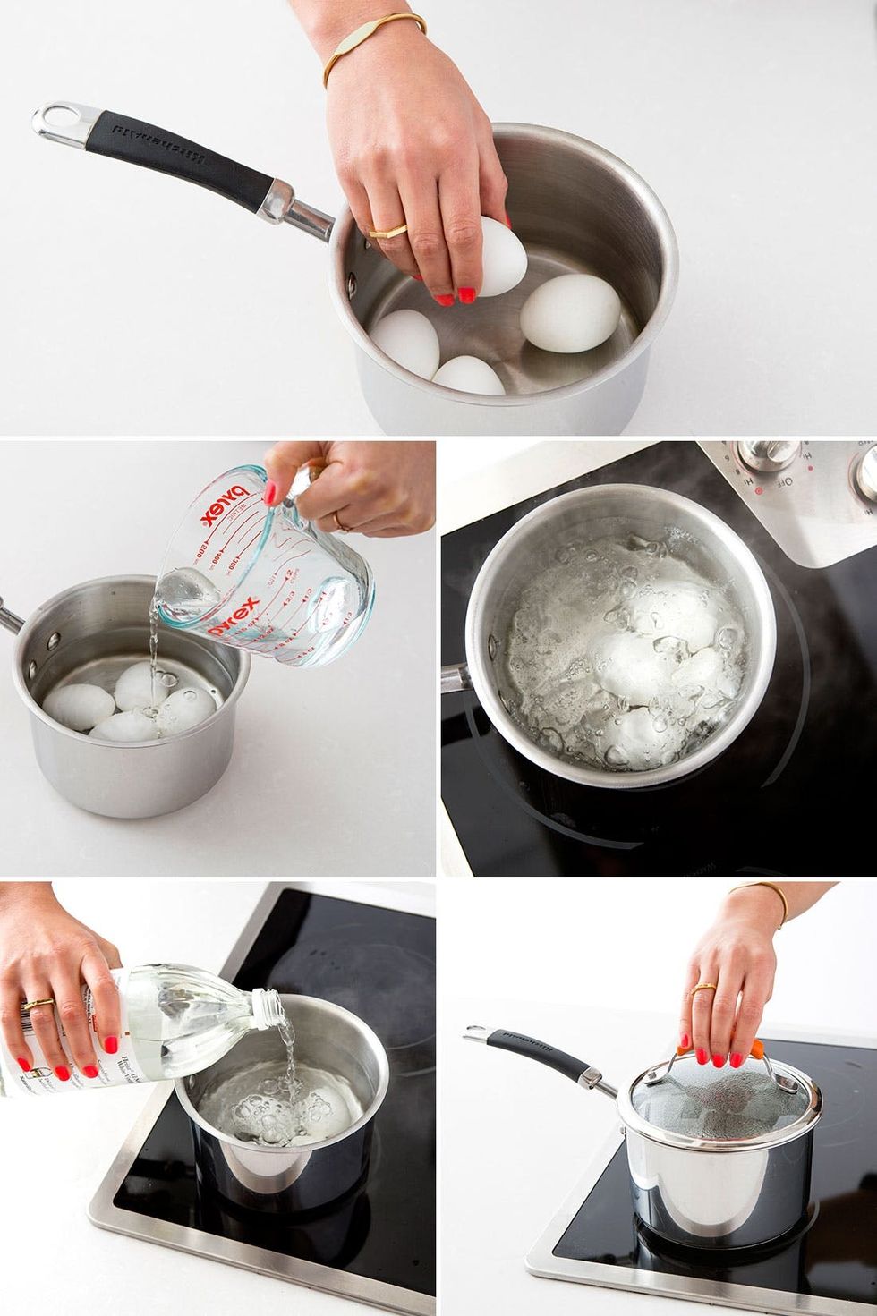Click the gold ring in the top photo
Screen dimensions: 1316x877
387,231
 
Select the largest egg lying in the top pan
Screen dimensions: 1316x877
570,311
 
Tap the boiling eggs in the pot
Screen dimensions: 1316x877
626,662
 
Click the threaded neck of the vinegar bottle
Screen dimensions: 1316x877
266,1007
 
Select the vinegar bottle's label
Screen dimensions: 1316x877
27,1047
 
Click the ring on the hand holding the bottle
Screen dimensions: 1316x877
38,1004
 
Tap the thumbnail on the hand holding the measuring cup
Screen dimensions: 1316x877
271,493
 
